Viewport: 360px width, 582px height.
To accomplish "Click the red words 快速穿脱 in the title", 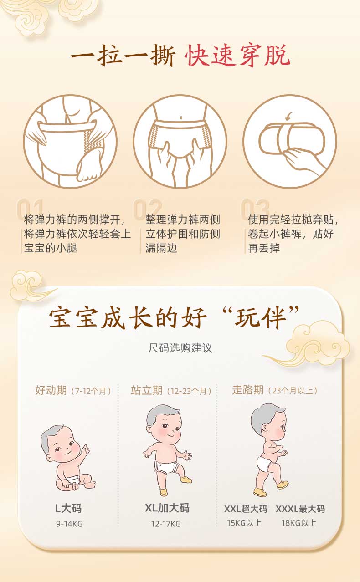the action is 237,56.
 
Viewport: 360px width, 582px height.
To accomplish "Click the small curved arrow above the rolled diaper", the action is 288,117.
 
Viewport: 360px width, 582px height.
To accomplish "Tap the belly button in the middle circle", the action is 181,117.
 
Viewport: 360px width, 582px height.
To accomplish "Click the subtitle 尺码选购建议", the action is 180,348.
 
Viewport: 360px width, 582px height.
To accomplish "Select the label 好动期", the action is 51,390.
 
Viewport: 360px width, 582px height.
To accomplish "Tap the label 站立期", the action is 147,390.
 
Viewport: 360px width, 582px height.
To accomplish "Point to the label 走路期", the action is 248,390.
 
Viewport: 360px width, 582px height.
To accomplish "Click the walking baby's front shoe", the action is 283,484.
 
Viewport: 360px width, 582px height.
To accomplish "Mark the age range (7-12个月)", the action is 91,391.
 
